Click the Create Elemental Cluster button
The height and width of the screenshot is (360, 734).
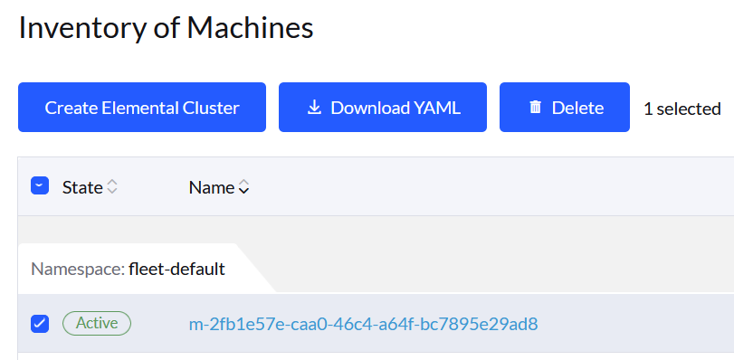click(x=142, y=108)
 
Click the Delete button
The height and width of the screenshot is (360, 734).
click(x=564, y=108)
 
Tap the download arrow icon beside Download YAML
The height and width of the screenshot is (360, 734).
click(x=315, y=108)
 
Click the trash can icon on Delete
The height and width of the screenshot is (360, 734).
click(x=536, y=108)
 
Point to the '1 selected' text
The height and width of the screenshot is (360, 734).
click(x=682, y=109)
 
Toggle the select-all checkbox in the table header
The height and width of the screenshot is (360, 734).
click(x=39, y=186)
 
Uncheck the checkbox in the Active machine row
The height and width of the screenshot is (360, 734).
click(x=39, y=323)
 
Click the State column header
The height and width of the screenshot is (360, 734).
click(x=82, y=187)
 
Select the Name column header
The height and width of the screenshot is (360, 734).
click(x=211, y=187)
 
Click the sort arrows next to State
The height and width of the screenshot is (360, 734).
click(x=112, y=187)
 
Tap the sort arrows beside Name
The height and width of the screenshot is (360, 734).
click(x=243, y=187)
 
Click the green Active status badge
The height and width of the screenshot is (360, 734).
click(x=97, y=323)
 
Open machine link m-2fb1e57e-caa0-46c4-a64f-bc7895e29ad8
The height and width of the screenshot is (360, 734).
click(x=363, y=324)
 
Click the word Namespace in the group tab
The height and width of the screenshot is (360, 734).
click(x=76, y=269)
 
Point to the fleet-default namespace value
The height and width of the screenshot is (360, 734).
click(x=176, y=269)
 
